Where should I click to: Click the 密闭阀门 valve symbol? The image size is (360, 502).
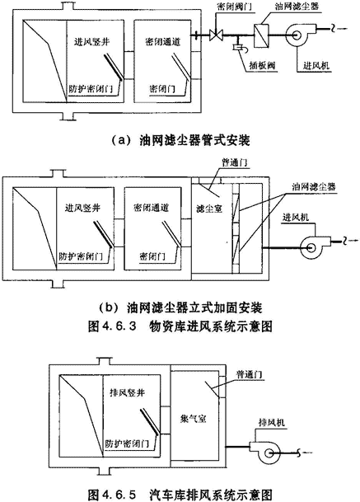216,35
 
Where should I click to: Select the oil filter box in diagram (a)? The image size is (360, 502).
261,36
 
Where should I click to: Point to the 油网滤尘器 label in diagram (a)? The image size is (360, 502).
297,6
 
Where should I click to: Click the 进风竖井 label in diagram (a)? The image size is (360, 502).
92,41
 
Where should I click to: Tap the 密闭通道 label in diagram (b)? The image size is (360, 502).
151,208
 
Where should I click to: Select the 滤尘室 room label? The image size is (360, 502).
209,209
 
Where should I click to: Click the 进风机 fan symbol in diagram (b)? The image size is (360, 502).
314,247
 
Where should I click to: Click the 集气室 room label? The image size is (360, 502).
193,419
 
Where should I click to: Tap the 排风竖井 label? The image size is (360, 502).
128,392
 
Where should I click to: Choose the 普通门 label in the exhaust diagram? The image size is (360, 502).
250,374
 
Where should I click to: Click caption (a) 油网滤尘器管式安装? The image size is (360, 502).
180,141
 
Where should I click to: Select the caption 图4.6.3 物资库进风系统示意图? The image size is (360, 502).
180,326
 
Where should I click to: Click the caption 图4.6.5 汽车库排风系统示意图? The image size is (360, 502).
180,495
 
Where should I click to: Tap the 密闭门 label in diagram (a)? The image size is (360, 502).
162,89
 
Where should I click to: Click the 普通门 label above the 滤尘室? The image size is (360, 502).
235,162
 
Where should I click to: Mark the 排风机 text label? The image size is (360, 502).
271,423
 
